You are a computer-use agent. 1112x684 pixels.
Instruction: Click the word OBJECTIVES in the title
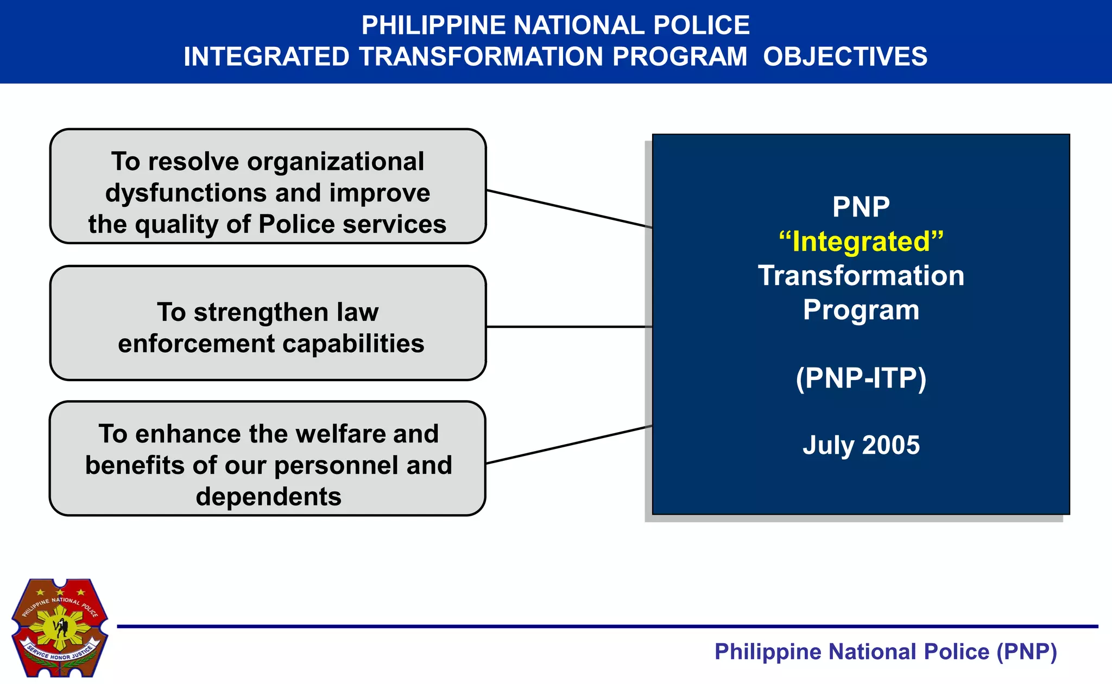[845, 57]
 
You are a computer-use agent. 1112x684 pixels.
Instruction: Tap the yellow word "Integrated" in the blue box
[861, 242]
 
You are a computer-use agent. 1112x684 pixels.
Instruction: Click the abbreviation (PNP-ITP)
[861, 378]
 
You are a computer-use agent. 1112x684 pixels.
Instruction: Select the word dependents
[268, 497]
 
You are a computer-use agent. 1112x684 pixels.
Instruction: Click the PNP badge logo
[60, 627]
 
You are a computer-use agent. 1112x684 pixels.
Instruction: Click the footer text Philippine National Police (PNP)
[885, 652]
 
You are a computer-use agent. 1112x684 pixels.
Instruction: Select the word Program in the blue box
[861, 310]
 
